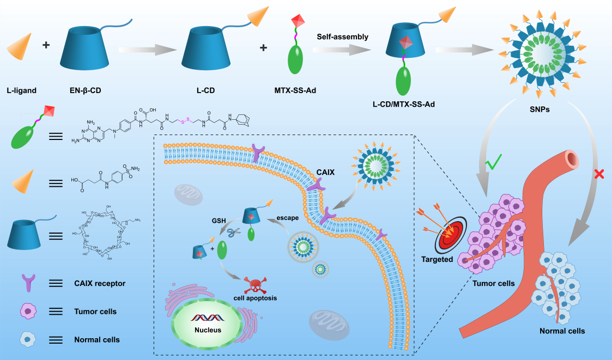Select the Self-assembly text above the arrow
point(342,37)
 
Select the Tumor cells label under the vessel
point(493,283)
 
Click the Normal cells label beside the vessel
point(562,331)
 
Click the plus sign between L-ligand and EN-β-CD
point(46,46)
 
